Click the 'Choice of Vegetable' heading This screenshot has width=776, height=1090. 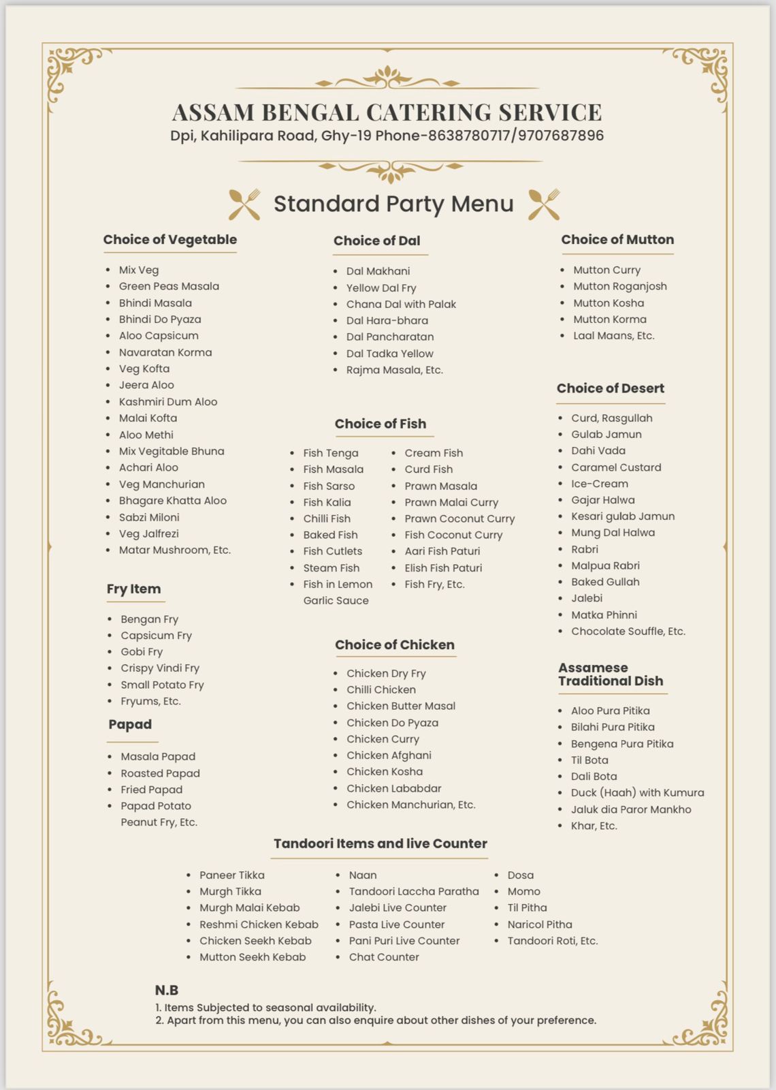click(170, 240)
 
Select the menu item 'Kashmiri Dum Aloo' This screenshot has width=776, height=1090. click(167, 402)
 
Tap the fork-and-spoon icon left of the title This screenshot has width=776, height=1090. click(244, 204)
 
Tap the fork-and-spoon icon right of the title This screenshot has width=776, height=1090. click(544, 204)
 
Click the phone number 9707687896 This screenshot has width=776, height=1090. click(560, 136)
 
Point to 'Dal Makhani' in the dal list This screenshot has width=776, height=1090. click(378, 271)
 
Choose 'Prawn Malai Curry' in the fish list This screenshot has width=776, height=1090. click(451, 502)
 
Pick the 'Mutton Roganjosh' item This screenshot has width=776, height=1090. click(619, 286)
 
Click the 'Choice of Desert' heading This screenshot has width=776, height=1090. click(610, 388)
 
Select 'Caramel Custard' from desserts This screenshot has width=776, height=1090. click(616, 467)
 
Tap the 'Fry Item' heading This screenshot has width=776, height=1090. click(133, 589)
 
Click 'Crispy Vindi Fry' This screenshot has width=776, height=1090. click(160, 668)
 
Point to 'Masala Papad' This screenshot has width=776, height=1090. click(158, 757)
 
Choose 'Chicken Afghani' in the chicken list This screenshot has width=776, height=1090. click(389, 756)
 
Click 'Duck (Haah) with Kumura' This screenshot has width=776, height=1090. click(637, 793)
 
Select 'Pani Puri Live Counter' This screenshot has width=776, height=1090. click(404, 941)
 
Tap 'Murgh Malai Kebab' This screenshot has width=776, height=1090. click(249, 908)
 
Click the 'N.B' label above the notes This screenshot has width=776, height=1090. click(166, 991)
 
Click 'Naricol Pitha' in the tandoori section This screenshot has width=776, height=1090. click(539, 924)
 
